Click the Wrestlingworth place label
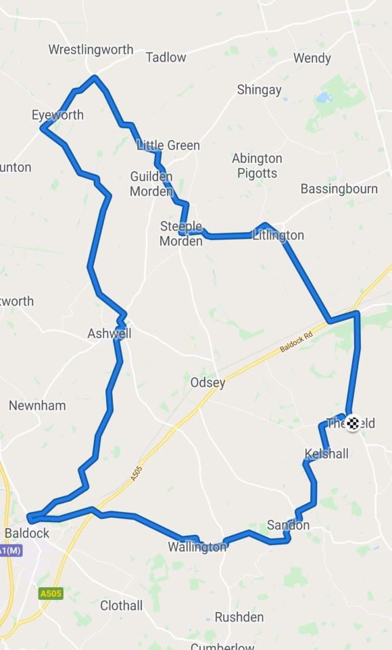[x=91, y=50]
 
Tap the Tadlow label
[x=166, y=57]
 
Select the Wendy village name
[x=312, y=58]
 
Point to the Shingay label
[x=259, y=90]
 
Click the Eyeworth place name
[x=57, y=114]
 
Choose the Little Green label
[x=168, y=145]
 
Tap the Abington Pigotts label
[x=257, y=166]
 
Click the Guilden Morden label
[x=151, y=184]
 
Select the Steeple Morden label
[x=181, y=233]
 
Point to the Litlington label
[x=278, y=235]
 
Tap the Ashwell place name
[x=109, y=333]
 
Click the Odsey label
[x=207, y=383]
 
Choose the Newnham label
[x=37, y=406]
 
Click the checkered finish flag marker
[x=352, y=423]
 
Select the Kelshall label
[x=326, y=453]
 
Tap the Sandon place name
[x=288, y=526]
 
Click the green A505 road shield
[x=51, y=594]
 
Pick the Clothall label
[x=122, y=605]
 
